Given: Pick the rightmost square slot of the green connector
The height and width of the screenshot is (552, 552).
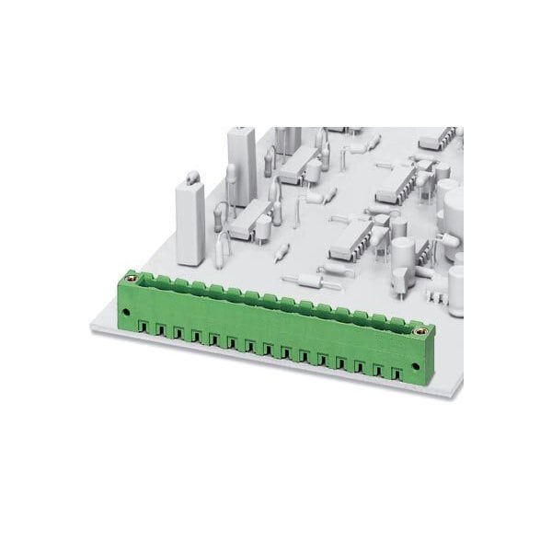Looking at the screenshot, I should click(x=398, y=373).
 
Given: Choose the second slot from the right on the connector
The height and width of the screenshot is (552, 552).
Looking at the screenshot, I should click(x=380, y=370).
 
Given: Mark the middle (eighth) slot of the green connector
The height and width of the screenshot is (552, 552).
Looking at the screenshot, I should click(x=270, y=349).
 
